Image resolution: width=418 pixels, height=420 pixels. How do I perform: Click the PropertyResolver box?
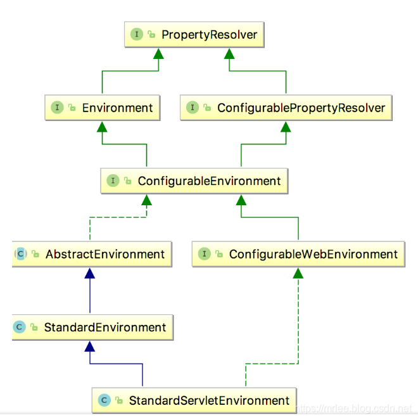tap(194, 35)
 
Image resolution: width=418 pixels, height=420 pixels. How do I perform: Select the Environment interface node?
tap(101, 108)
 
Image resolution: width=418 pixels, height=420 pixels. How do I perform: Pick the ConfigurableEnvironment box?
tap(194, 181)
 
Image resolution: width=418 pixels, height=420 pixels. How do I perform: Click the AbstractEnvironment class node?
tap(92, 254)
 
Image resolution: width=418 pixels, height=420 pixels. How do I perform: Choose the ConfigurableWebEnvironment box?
tap(298, 254)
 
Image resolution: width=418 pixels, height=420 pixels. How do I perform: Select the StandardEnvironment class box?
tap(92, 328)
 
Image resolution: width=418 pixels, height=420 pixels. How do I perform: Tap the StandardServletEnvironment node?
tap(194, 400)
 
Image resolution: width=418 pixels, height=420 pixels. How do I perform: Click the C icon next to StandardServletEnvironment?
tap(104, 400)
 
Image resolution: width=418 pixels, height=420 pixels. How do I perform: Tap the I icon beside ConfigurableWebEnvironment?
tap(205, 254)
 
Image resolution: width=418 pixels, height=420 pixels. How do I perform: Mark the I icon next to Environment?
tap(58, 108)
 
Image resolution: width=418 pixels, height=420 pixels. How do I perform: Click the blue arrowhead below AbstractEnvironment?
tap(90, 273)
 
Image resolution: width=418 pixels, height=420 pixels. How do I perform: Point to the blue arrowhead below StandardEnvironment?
tap(90, 346)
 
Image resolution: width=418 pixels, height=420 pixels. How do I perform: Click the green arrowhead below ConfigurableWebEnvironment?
tap(298, 273)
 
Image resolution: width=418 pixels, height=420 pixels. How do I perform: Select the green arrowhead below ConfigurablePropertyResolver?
tap(286, 127)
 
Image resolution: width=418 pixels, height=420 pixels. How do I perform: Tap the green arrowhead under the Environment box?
tap(102, 127)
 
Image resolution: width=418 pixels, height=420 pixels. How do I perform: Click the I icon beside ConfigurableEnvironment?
tap(113, 181)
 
